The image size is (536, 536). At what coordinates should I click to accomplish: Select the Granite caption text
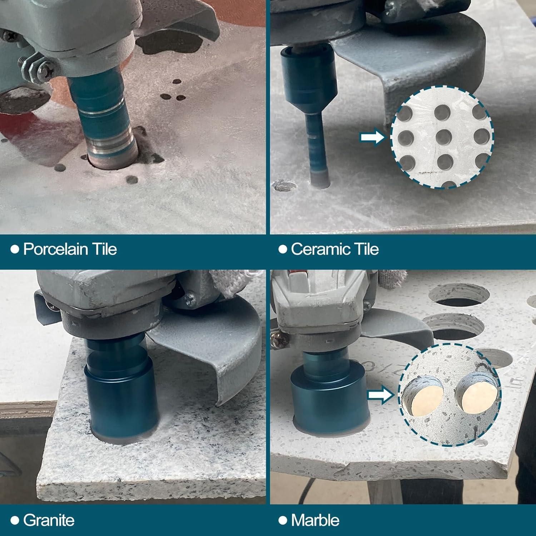tap(49, 520)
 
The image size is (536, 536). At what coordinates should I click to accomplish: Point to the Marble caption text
tap(315, 520)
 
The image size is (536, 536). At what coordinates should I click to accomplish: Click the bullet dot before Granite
tap(15, 520)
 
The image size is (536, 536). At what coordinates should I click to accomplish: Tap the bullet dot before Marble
tap(283, 520)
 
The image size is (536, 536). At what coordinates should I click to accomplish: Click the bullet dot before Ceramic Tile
tap(283, 249)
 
